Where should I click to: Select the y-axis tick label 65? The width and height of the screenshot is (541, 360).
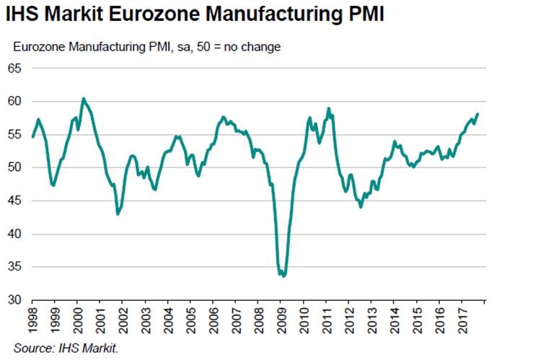click(x=16, y=69)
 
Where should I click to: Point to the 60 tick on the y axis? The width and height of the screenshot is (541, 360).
click(x=16, y=102)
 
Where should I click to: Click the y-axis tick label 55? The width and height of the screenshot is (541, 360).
click(x=16, y=135)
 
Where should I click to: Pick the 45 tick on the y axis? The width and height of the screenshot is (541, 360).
click(x=16, y=201)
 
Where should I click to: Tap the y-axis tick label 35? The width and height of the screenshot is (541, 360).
click(x=16, y=267)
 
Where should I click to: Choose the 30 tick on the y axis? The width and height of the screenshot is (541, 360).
click(x=16, y=300)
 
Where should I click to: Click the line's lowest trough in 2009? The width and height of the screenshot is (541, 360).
click(x=283, y=276)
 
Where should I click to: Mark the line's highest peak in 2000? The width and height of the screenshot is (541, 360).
click(x=84, y=98)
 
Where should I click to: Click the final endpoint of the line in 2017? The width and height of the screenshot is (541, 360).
click(x=478, y=114)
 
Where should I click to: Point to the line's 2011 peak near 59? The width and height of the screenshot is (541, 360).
click(x=329, y=108)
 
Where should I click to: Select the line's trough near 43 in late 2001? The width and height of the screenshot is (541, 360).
click(x=118, y=214)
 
